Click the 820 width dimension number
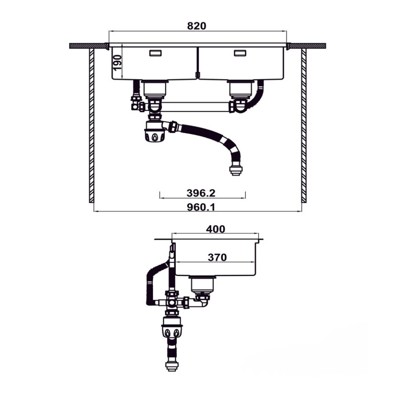coord(196,26)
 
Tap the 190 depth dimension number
coord(117,62)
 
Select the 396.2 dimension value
coord(201,193)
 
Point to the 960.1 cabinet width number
coord(201,207)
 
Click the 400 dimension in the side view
coord(215,229)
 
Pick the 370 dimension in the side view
coord(217,257)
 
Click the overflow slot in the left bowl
coord(155,53)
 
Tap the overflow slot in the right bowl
coord(240,53)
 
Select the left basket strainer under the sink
coord(154,89)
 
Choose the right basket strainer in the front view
coord(241,89)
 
